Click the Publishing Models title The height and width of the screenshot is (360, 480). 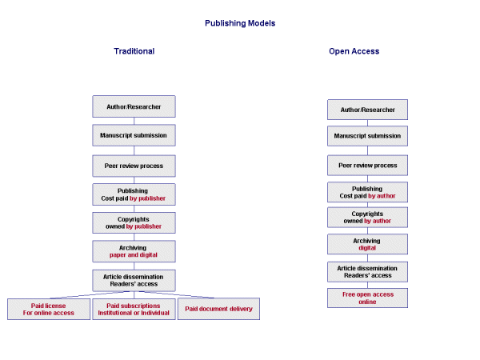click(x=240, y=23)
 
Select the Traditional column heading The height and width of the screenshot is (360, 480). click(x=134, y=51)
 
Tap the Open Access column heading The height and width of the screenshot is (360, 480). click(x=354, y=51)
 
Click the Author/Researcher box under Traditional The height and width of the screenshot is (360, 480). click(x=134, y=106)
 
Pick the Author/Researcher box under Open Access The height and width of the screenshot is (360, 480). click(x=367, y=110)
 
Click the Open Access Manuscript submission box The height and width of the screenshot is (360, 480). click(x=367, y=136)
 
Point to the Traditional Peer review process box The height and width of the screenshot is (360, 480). click(x=134, y=166)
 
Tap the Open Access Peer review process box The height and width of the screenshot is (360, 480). click(x=367, y=166)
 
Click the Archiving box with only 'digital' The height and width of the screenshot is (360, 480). click(x=367, y=244)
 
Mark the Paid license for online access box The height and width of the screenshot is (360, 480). click(x=49, y=309)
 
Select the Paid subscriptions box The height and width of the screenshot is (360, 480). click(x=134, y=309)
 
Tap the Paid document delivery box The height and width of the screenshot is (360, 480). click(x=218, y=309)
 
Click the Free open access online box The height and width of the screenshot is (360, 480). click(x=367, y=298)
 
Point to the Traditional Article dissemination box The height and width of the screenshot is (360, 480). click(x=134, y=280)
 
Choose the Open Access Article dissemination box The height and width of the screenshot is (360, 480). click(x=367, y=270)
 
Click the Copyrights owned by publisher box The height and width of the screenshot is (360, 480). click(x=134, y=222)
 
